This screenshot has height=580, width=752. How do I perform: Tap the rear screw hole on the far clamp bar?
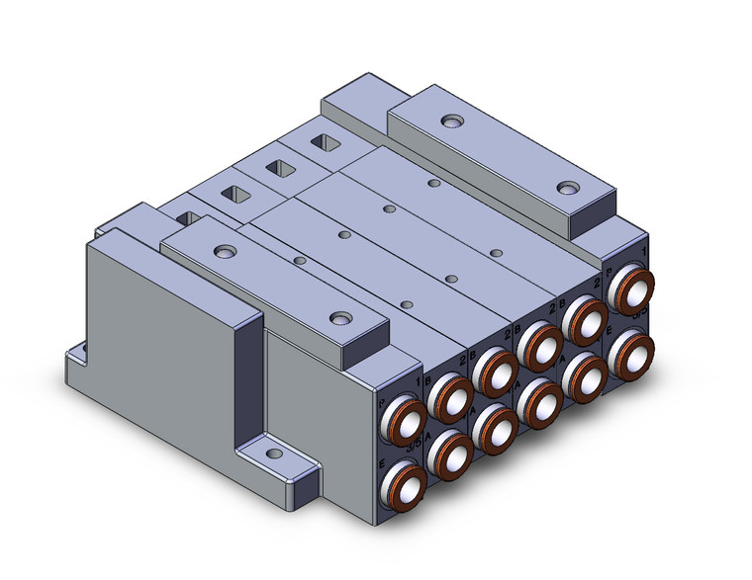click(x=451, y=122)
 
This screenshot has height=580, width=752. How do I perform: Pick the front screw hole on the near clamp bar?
click(x=341, y=318)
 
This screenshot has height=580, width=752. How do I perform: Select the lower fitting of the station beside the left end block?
click(x=450, y=454)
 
